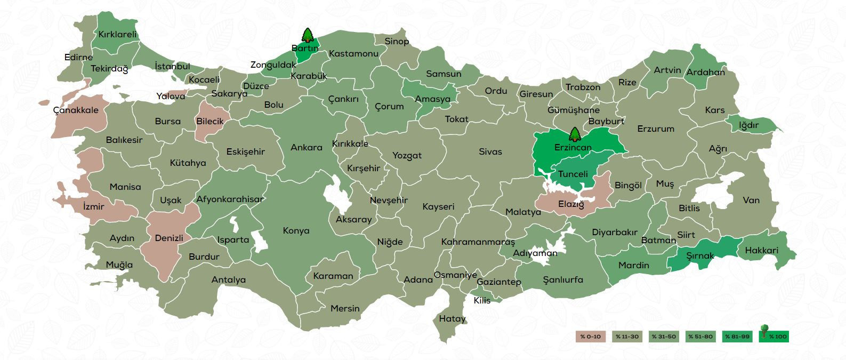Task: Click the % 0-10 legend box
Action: (x=591, y=337)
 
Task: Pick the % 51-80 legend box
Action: (x=700, y=337)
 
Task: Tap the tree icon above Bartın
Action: (x=308, y=36)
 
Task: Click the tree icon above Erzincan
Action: (x=574, y=134)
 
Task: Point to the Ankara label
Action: (x=306, y=148)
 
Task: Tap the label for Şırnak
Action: (x=699, y=256)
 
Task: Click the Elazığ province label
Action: (x=571, y=204)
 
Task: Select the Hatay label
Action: (x=452, y=319)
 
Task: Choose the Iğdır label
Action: (x=748, y=125)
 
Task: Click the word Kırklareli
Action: (x=117, y=34)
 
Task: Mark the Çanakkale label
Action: (x=76, y=110)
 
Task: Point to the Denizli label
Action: (x=169, y=238)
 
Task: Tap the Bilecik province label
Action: (x=210, y=121)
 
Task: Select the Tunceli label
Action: (x=573, y=174)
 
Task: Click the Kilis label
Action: (x=482, y=301)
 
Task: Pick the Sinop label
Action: (x=397, y=42)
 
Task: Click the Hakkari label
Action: (x=761, y=250)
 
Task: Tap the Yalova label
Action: (x=171, y=97)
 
